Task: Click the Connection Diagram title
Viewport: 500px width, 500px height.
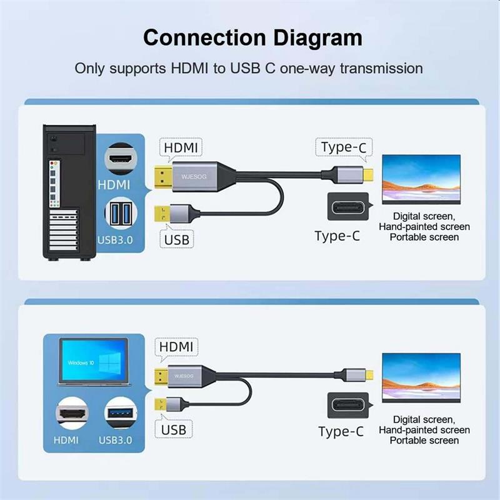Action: [252, 38]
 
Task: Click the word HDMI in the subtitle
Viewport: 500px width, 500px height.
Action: [189, 69]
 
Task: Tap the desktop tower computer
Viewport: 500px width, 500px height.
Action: [69, 192]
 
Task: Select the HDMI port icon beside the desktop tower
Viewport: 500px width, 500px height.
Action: [121, 159]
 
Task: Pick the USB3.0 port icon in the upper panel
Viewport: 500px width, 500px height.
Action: [121, 213]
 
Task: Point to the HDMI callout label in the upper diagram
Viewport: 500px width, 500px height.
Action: [181, 147]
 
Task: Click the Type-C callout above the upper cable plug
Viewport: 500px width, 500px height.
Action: [344, 147]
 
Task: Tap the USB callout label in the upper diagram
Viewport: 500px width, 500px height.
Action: [177, 240]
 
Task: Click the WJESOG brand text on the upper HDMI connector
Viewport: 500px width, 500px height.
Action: [194, 177]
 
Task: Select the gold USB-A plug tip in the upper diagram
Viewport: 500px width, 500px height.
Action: [162, 214]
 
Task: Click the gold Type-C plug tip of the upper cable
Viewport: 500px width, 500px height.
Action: [368, 175]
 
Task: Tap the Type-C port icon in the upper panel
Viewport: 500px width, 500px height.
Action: [348, 207]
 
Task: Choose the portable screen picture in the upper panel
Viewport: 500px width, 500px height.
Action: [421, 179]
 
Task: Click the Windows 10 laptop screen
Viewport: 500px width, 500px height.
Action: [94, 360]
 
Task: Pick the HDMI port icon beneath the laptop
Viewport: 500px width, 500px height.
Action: [72, 413]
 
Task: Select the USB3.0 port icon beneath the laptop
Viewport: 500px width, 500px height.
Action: [121, 413]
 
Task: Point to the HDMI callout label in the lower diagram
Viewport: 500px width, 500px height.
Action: [176, 347]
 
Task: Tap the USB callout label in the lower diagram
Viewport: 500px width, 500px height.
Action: [174, 430]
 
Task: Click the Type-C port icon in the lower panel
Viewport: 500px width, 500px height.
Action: [348, 405]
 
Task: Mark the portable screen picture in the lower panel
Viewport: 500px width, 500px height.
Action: [421, 378]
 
